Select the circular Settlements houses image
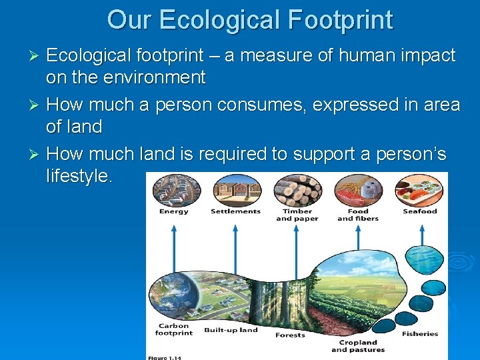[x=235, y=191]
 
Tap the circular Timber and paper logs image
[x=297, y=191]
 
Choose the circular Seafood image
[x=419, y=191]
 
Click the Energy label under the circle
[x=173, y=212]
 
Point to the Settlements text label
[x=235, y=212]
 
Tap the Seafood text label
[x=420, y=212]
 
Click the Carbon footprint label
[x=173, y=329]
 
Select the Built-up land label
[x=231, y=330]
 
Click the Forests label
[x=291, y=335]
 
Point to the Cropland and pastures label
[x=358, y=346]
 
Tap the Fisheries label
[x=420, y=333]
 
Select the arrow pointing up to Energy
[x=174, y=247]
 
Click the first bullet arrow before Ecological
[x=37, y=55]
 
